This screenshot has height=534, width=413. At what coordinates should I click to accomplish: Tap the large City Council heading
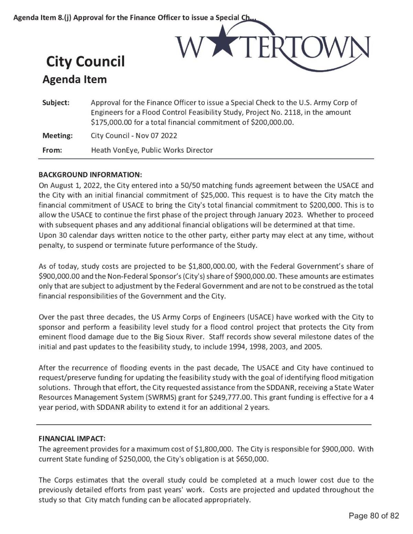(85, 62)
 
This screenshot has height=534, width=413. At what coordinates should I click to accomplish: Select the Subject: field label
(56, 103)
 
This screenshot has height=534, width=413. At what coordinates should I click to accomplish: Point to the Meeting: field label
(57, 136)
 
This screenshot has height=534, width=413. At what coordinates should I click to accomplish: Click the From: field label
(52, 150)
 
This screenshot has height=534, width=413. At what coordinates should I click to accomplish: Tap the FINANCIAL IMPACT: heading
(72, 438)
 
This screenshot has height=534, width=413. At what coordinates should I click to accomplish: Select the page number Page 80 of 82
(374, 516)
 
